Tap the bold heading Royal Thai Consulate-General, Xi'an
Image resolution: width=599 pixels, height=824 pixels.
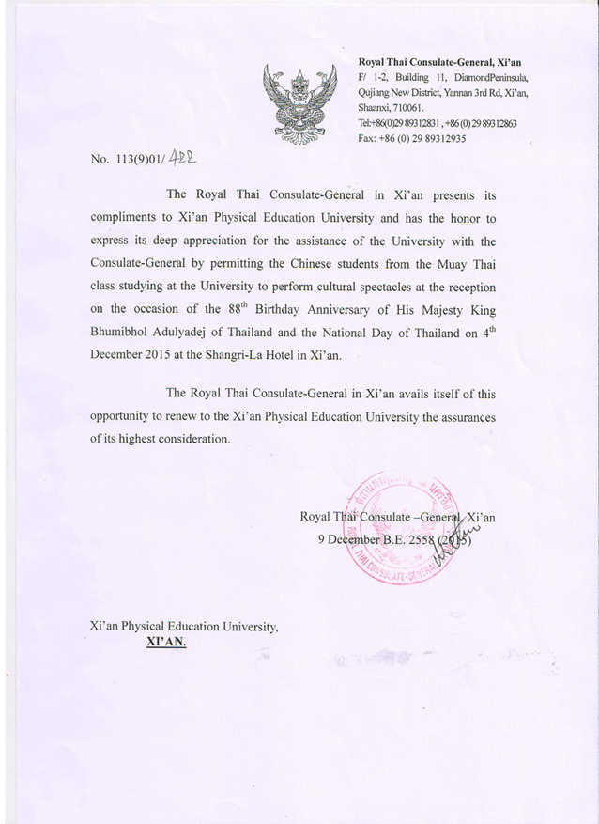pyautogui.click(x=439, y=62)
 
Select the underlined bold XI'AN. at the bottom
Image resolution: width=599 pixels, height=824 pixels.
pyautogui.click(x=166, y=643)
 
